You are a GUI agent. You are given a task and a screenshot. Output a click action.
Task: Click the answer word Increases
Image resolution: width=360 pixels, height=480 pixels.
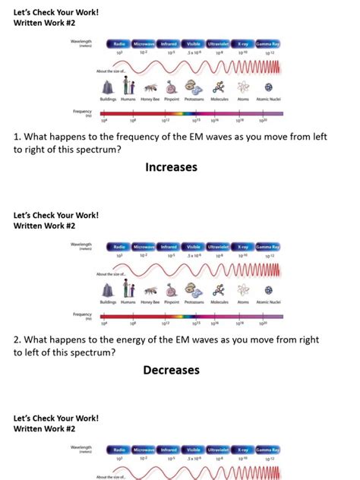tap(171, 166)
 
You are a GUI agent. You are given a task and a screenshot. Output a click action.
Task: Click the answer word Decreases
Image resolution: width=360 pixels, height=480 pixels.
tap(171, 370)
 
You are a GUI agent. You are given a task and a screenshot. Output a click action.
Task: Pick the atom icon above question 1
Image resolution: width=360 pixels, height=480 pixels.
tap(242, 87)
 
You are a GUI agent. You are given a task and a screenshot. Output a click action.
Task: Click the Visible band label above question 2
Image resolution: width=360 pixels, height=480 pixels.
tap(194, 247)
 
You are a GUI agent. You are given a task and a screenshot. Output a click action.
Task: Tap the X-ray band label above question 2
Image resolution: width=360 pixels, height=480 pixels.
tap(242, 247)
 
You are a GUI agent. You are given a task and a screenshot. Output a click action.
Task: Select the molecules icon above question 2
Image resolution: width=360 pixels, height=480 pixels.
tap(218, 289)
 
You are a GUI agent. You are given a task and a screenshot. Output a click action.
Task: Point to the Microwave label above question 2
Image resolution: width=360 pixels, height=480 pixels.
tap(144, 247)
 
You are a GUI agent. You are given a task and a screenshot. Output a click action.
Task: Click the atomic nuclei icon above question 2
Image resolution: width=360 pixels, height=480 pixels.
tap(268, 289)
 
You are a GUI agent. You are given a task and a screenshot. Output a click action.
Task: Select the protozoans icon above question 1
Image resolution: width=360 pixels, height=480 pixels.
tap(194, 87)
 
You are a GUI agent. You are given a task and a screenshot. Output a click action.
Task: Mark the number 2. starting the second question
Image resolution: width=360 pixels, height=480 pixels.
tap(18, 340)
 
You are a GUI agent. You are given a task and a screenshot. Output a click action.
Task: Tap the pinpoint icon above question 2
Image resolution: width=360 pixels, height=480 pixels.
tap(171, 289)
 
